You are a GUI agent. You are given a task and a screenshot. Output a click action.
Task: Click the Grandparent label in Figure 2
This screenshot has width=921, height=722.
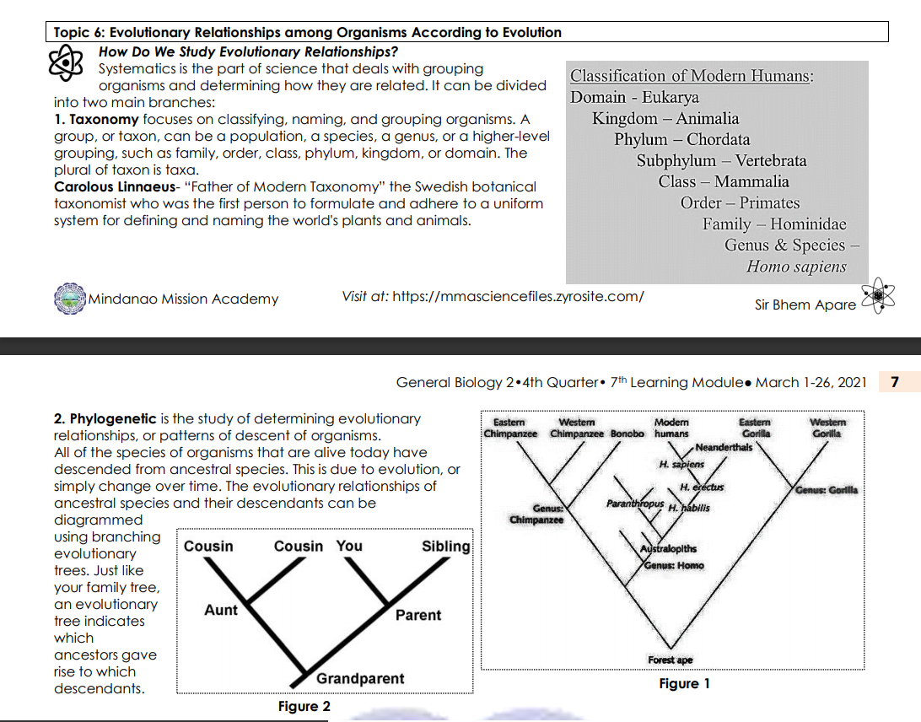[360, 678]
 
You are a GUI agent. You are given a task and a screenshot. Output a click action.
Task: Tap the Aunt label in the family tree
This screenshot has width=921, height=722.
[221, 610]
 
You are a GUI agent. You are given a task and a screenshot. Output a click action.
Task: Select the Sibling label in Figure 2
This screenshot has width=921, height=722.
[446, 546]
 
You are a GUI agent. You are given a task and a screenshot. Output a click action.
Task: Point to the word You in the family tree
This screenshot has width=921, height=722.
[349, 546]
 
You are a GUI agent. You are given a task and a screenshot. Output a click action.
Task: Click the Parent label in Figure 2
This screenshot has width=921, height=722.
[418, 615]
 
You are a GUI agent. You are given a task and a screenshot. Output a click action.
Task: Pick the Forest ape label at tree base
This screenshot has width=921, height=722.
[671, 660]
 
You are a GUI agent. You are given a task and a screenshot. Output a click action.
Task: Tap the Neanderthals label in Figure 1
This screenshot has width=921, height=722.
[724, 447]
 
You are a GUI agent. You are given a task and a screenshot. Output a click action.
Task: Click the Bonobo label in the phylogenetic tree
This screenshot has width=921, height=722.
[627, 434]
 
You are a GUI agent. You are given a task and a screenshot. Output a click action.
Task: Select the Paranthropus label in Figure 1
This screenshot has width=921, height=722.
[634, 503]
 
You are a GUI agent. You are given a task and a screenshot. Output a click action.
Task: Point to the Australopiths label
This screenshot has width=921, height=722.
[668, 549]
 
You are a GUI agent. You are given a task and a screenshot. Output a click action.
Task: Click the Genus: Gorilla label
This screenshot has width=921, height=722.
[826, 490]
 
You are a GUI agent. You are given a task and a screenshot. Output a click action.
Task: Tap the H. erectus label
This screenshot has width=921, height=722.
[702, 488]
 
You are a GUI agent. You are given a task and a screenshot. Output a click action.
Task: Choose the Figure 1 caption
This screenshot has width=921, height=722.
[684, 683]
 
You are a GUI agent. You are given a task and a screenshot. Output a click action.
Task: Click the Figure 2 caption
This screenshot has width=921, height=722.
[304, 706]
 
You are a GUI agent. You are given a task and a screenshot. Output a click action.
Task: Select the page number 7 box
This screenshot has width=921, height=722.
[894, 382]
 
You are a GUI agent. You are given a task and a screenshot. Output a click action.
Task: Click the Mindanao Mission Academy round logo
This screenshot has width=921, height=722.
[70, 299]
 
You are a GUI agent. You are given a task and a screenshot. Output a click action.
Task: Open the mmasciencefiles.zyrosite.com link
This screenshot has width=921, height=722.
[519, 296]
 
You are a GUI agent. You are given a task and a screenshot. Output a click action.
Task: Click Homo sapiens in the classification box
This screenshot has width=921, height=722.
[795, 267]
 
